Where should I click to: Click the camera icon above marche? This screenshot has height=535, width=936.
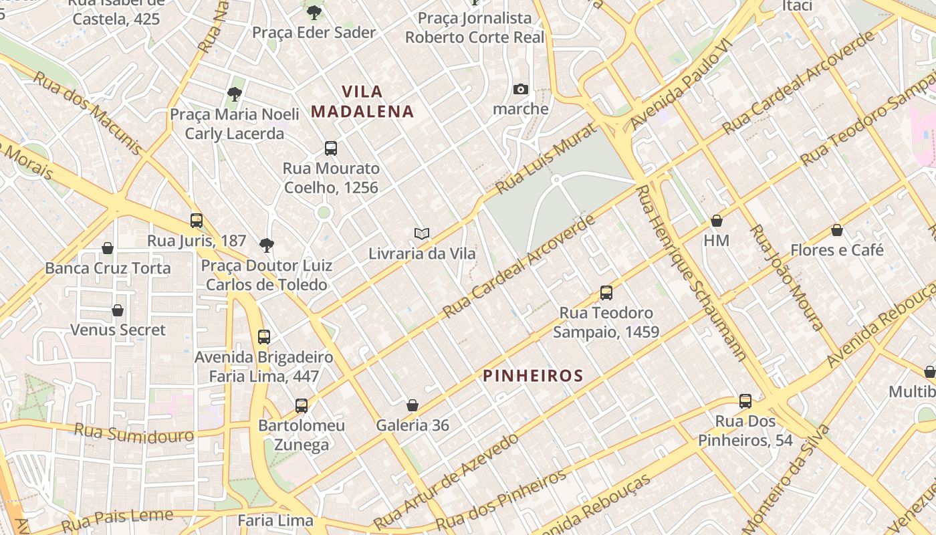(x=520, y=89)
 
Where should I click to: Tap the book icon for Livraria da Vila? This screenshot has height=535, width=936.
(x=421, y=233)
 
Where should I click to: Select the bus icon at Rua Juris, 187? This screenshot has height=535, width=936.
(x=197, y=220)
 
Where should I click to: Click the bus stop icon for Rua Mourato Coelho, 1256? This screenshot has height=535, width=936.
(x=330, y=148)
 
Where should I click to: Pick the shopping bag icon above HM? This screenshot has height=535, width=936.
(x=717, y=220)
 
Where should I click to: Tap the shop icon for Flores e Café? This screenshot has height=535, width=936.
(x=836, y=231)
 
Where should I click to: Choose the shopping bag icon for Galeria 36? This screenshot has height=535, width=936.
(x=413, y=405)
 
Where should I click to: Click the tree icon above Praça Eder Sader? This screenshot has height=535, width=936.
(x=314, y=12)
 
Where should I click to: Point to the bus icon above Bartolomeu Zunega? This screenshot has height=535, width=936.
(x=302, y=405)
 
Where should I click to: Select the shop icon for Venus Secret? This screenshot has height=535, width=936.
(x=118, y=310)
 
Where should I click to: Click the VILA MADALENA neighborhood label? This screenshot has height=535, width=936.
(x=363, y=101)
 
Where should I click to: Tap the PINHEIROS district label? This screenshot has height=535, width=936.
(x=534, y=376)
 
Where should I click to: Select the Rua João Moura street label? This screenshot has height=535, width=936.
(x=786, y=277)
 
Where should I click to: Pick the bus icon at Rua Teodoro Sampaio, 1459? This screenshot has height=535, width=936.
(x=606, y=293)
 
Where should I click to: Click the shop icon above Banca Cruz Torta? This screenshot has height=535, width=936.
(x=108, y=248)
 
